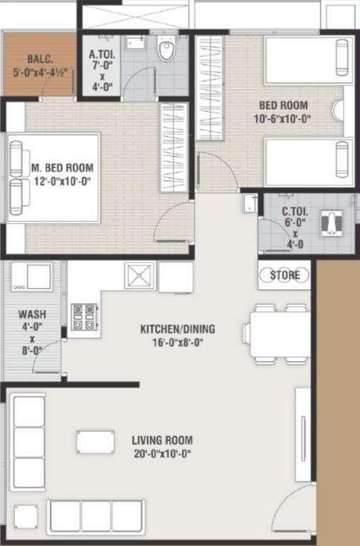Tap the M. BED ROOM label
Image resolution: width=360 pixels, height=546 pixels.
[63, 168]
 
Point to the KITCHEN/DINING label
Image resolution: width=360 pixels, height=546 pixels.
[177, 330]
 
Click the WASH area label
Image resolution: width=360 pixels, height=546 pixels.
[31, 314]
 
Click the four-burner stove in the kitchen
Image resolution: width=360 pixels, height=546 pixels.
[83, 316]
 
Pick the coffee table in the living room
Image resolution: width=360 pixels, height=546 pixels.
[96, 441]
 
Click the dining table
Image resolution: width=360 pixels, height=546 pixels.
[278, 334]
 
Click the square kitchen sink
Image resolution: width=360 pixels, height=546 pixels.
[139, 275]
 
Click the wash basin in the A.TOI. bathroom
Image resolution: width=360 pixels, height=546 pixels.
[135, 44]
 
